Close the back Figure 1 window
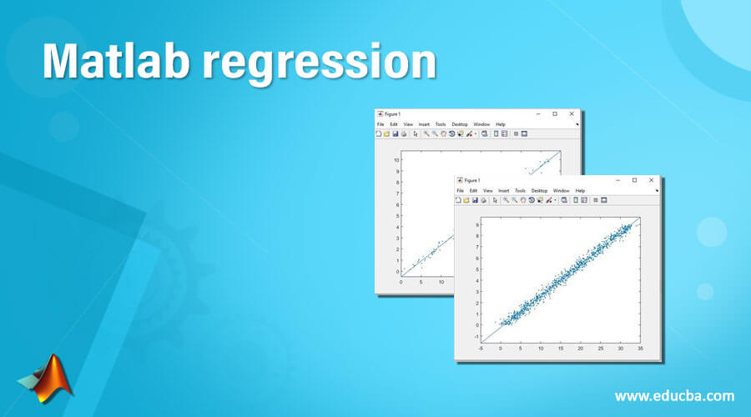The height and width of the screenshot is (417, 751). click(x=572, y=113)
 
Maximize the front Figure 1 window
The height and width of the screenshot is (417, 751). click(x=634, y=180)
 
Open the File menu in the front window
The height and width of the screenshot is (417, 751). click(x=460, y=190)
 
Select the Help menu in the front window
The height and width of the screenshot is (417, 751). click(x=580, y=190)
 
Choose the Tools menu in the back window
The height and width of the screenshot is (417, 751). click(x=440, y=124)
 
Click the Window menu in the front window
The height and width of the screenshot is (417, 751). click(x=561, y=190)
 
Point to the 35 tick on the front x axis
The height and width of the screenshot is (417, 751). click(x=640, y=349)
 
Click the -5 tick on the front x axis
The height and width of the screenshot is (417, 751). click(x=481, y=349)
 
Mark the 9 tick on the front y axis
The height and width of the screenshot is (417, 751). click(x=477, y=224)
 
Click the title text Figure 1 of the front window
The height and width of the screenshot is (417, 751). click(x=473, y=180)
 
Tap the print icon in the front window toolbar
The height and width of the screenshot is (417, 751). click(x=484, y=200)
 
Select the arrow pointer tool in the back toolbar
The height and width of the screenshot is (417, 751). click(x=415, y=133)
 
